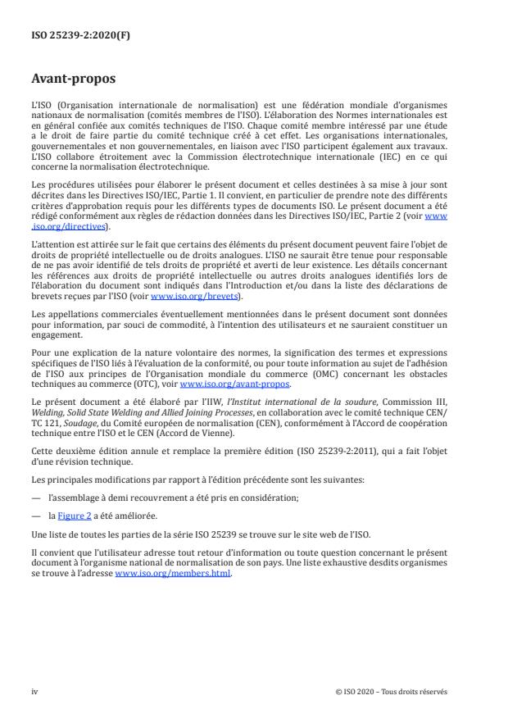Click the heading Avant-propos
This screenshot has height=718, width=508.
click(73, 80)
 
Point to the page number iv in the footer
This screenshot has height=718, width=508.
click(34, 690)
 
